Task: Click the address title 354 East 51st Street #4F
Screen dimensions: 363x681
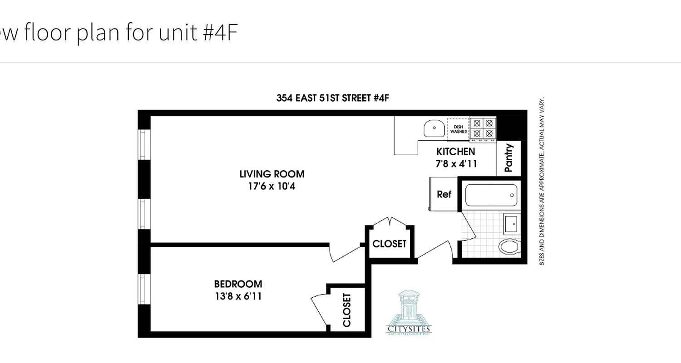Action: (333, 98)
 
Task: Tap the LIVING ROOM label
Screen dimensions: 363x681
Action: (272, 174)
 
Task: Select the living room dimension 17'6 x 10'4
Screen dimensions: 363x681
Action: (272, 186)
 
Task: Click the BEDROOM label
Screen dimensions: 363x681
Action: (238, 285)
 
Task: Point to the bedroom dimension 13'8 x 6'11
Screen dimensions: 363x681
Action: (238, 297)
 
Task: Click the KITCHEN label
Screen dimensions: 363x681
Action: (456, 152)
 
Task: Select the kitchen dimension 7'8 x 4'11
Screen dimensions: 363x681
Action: (456, 164)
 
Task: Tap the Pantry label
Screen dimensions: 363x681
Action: (508, 158)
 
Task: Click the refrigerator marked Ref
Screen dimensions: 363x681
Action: (444, 195)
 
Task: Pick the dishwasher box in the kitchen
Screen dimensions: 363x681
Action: (459, 129)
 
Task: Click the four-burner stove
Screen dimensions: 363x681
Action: (483, 128)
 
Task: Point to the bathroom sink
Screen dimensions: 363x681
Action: (512, 223)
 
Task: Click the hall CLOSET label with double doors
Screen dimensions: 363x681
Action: (390, 244)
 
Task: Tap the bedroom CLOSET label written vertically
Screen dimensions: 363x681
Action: (347, 310)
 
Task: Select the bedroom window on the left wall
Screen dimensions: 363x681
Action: (144, 289)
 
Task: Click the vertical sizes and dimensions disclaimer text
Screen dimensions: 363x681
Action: (542, 181)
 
